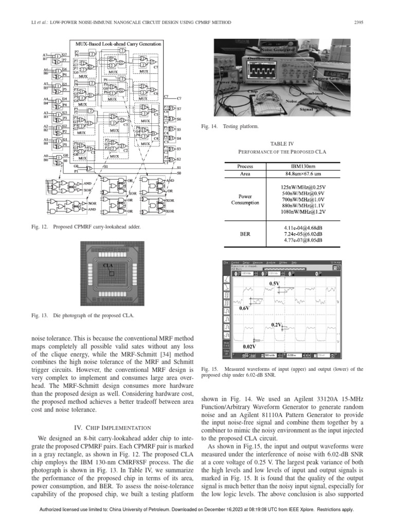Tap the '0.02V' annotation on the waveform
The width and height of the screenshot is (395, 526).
point(249,347)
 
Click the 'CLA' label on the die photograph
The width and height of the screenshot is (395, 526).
point(107,265)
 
